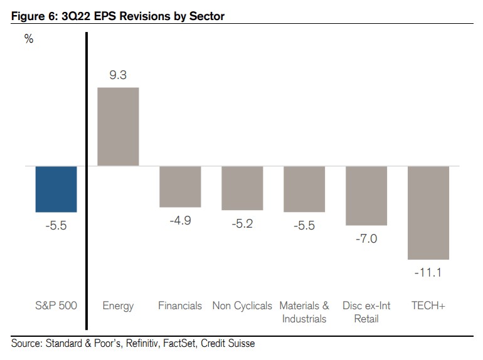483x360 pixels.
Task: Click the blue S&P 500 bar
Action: [56, 189]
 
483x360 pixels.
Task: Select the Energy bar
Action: [118, 127]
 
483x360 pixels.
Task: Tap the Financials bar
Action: [180, 186]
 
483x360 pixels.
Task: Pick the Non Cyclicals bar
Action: [242, 188]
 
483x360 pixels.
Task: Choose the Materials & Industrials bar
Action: [304, 189]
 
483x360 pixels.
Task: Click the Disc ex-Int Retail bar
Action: [366, 196]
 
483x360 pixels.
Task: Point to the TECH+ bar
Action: [428, 213]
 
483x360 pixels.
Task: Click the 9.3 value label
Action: [118, 75]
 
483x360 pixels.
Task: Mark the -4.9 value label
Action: [180, 220]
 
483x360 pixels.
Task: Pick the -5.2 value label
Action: [242, 223]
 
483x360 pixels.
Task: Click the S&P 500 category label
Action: [56, 306]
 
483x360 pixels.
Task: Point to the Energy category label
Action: [118, 306]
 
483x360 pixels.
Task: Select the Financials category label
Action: [180, 306]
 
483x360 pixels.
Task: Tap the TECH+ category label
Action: [428, 306]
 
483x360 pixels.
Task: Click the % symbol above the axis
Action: [28, 39]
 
